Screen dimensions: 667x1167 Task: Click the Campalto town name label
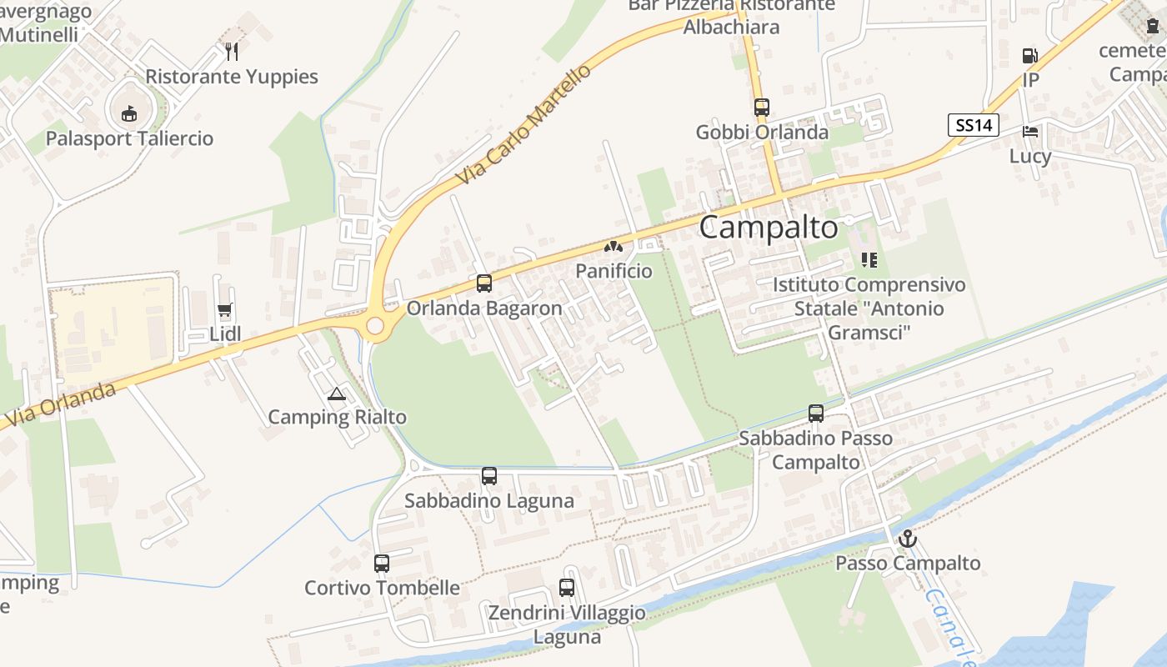(768, 227)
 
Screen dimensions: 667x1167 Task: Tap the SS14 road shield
(974, 125)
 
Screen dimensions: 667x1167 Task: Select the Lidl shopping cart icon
(224, 312)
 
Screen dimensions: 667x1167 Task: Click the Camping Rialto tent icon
(337, 394)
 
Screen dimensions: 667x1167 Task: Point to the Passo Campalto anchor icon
(907, 539)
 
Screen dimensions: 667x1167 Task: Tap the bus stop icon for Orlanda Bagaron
(484, 283)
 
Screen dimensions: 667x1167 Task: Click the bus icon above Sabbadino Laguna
(489, 476)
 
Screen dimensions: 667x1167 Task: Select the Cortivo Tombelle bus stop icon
(382, 564)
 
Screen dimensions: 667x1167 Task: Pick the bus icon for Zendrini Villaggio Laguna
(567, 588)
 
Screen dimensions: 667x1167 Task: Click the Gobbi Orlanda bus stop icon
(762, 108)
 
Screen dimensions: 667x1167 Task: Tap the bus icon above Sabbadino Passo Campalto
(816, 414)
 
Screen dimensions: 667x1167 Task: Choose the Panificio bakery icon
(614, 247)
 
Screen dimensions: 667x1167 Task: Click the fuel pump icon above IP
(1030, 56)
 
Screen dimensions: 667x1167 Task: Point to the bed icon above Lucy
(1030, 132)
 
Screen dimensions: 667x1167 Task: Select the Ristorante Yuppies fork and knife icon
(232, 52)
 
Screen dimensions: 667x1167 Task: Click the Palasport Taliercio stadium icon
(129, 113)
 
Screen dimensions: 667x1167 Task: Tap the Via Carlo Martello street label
(523, 125)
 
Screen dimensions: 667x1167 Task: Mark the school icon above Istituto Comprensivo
(869, 260)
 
